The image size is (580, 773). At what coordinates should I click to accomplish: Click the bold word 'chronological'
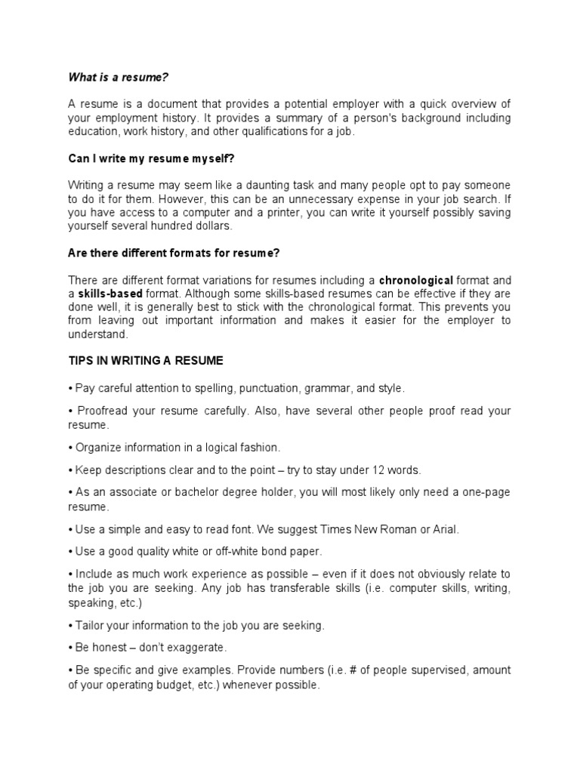coord(416,280)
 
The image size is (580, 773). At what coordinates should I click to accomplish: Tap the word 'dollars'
coord(213,226)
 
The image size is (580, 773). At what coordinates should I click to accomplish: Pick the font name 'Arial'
coord(443,530)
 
